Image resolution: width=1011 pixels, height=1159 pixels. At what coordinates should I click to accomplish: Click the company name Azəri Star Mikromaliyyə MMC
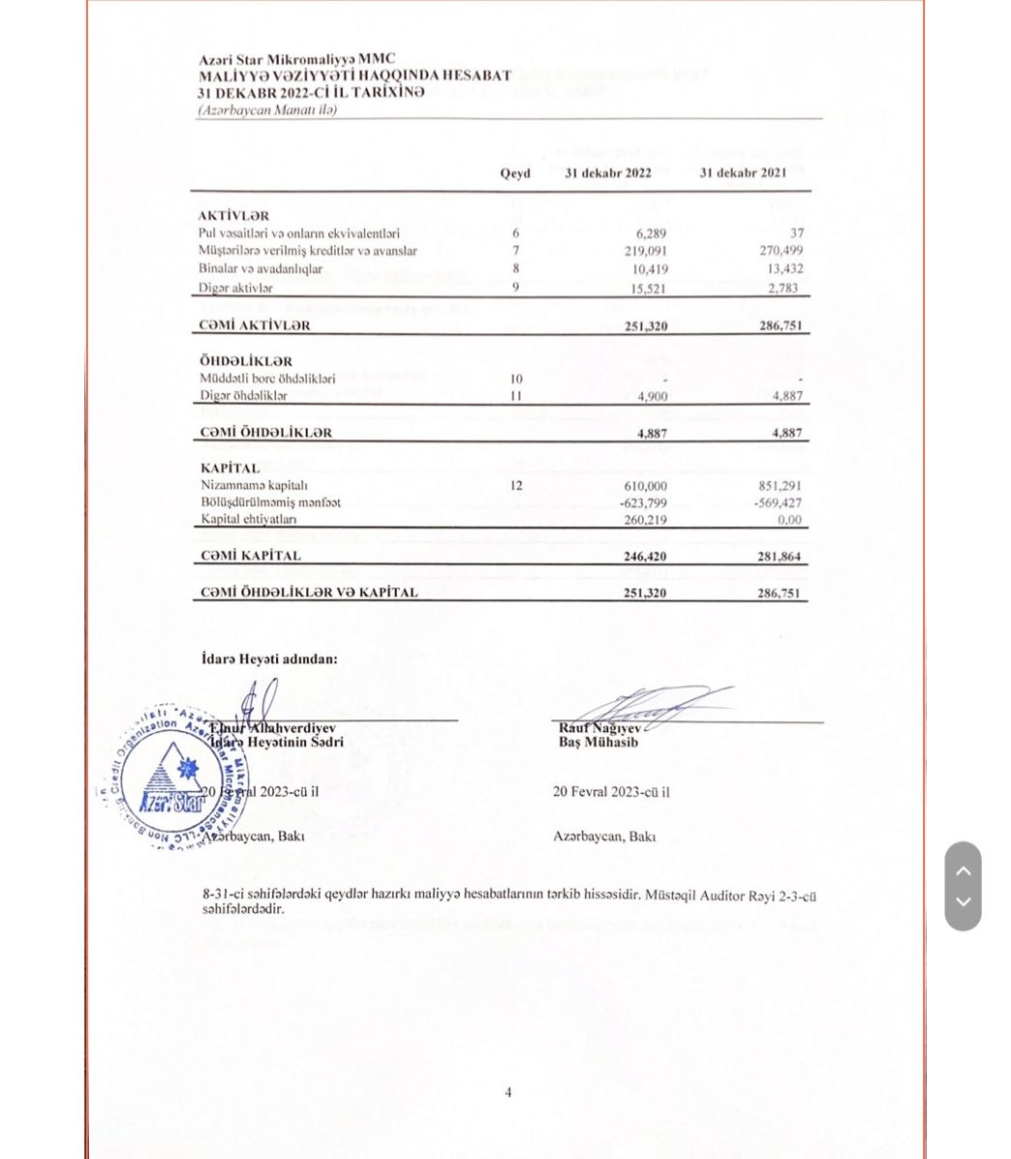pyautogui.click(x=296, y=60)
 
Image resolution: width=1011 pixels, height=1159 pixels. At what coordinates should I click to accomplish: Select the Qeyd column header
pyautogui.click(x=515, y=174)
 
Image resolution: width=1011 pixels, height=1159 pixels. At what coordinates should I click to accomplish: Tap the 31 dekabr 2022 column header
pyautogui.click(x=608, y=173)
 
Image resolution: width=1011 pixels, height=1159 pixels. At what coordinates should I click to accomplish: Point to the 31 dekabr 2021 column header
pyautogui.click(x=743, y=173)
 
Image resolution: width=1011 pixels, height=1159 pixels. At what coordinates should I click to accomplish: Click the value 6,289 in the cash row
pyautogui.click(x=651, y=233)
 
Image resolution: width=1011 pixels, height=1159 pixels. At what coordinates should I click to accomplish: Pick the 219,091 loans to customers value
pyautogui.click(x=646, y=251)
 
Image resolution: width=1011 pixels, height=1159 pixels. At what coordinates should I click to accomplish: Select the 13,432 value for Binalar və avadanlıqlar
pyautogui.click(x=785, y=269)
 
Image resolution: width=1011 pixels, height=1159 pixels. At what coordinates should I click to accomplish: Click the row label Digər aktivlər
pyautogui.click(x=236, y=288)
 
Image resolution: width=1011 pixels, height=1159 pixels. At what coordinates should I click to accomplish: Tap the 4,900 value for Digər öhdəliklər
pyautogui.click(x=651, y=397)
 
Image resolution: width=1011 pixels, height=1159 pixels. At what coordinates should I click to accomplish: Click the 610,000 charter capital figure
pyautogui.click(x=646, y=486)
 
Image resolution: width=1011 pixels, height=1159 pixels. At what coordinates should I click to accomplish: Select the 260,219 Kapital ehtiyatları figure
pyautogui.click(x=646, y=521)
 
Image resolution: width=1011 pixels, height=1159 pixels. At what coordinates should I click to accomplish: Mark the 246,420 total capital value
pyautogui.click(x=646, y=557)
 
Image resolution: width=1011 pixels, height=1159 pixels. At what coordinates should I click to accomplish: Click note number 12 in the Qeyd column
pyautogui.click(x=516, y=485)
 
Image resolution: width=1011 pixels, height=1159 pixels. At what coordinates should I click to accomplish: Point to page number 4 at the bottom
pyautogui.click(x=508, y=1092)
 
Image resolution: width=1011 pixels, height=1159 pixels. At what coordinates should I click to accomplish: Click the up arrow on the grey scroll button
pyautogui.click(x=963, y=870)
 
